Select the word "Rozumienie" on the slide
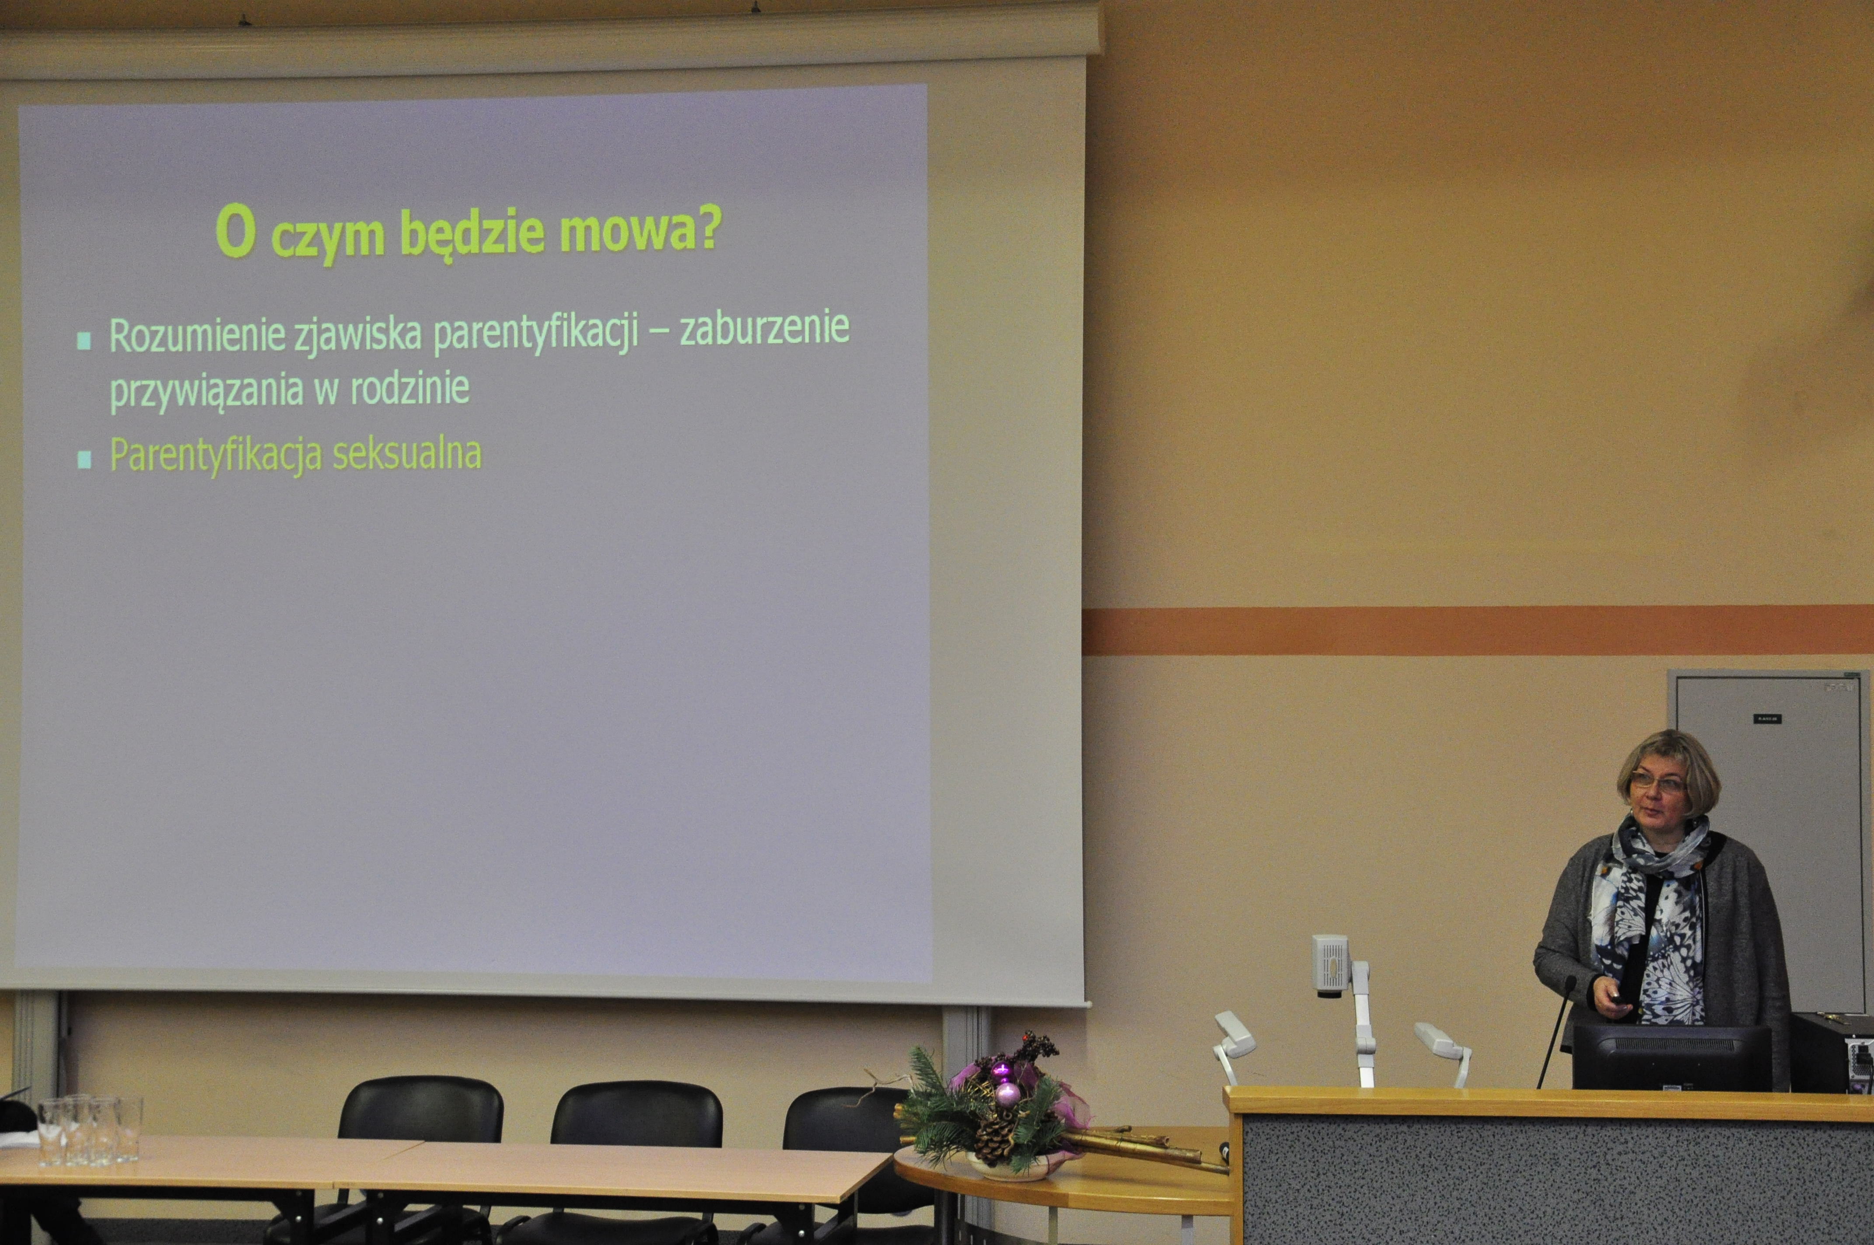click(x=197, y=336)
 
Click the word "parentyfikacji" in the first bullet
click(x=537, y=334)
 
